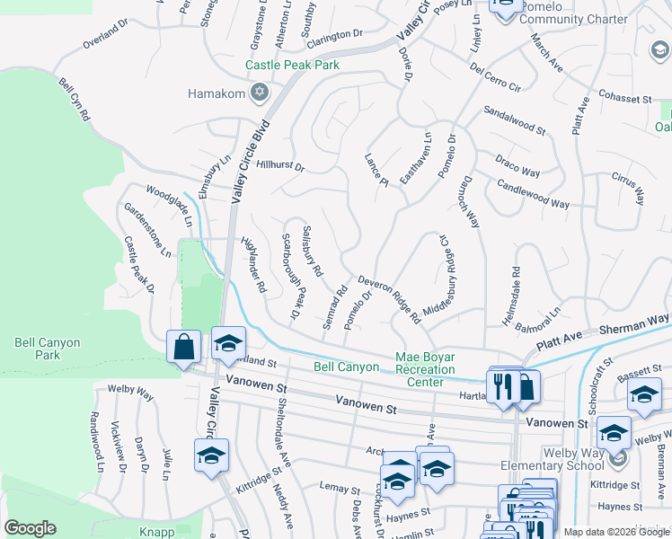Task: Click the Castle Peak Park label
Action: point(293,66)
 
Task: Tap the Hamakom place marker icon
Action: point(260,92)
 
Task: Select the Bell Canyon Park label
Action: point(48,349)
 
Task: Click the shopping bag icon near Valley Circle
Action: point(184,346)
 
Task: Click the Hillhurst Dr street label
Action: point(280,166)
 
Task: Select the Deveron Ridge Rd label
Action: point(390,300)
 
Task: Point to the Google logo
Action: point(30,528)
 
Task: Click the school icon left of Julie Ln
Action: point(211,455)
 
